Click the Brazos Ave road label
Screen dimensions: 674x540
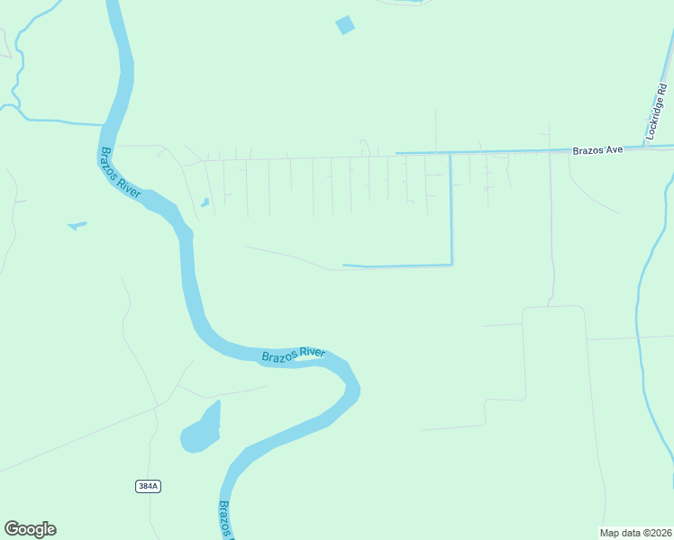(x=597, y=150)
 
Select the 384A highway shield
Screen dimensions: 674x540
(x=148, y=486)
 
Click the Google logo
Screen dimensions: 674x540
(x=30, y=529)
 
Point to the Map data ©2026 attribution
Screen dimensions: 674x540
(x=636, y=532)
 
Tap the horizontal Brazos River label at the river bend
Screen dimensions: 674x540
(x=293, y=355)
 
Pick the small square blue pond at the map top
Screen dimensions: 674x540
(x=345, y=25)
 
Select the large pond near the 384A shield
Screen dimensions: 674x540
(x=201, y=430)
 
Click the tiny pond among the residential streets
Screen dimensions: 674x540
(x=205, y=202)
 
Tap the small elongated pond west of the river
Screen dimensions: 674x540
(x=77, y=225)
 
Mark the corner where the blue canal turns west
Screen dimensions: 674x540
(x=451, y=265)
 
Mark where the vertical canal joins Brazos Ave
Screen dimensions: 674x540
(x=451, y=153)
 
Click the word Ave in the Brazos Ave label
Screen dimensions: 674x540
(x=614, y=150)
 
